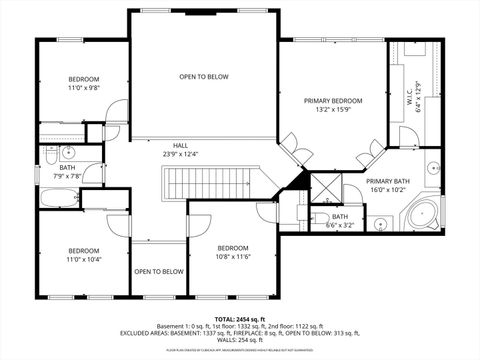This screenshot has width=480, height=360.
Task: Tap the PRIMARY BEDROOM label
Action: point(333,101)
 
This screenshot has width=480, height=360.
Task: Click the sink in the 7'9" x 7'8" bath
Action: point(68,153)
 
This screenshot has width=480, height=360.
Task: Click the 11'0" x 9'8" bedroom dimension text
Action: point(84,87)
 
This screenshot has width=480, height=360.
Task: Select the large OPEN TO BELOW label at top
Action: point(204,77)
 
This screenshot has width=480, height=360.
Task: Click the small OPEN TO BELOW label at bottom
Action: point(159,271)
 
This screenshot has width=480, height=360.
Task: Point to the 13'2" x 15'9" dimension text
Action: point(333,110)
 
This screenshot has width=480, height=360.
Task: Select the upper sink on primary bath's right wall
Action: point(433,170)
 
